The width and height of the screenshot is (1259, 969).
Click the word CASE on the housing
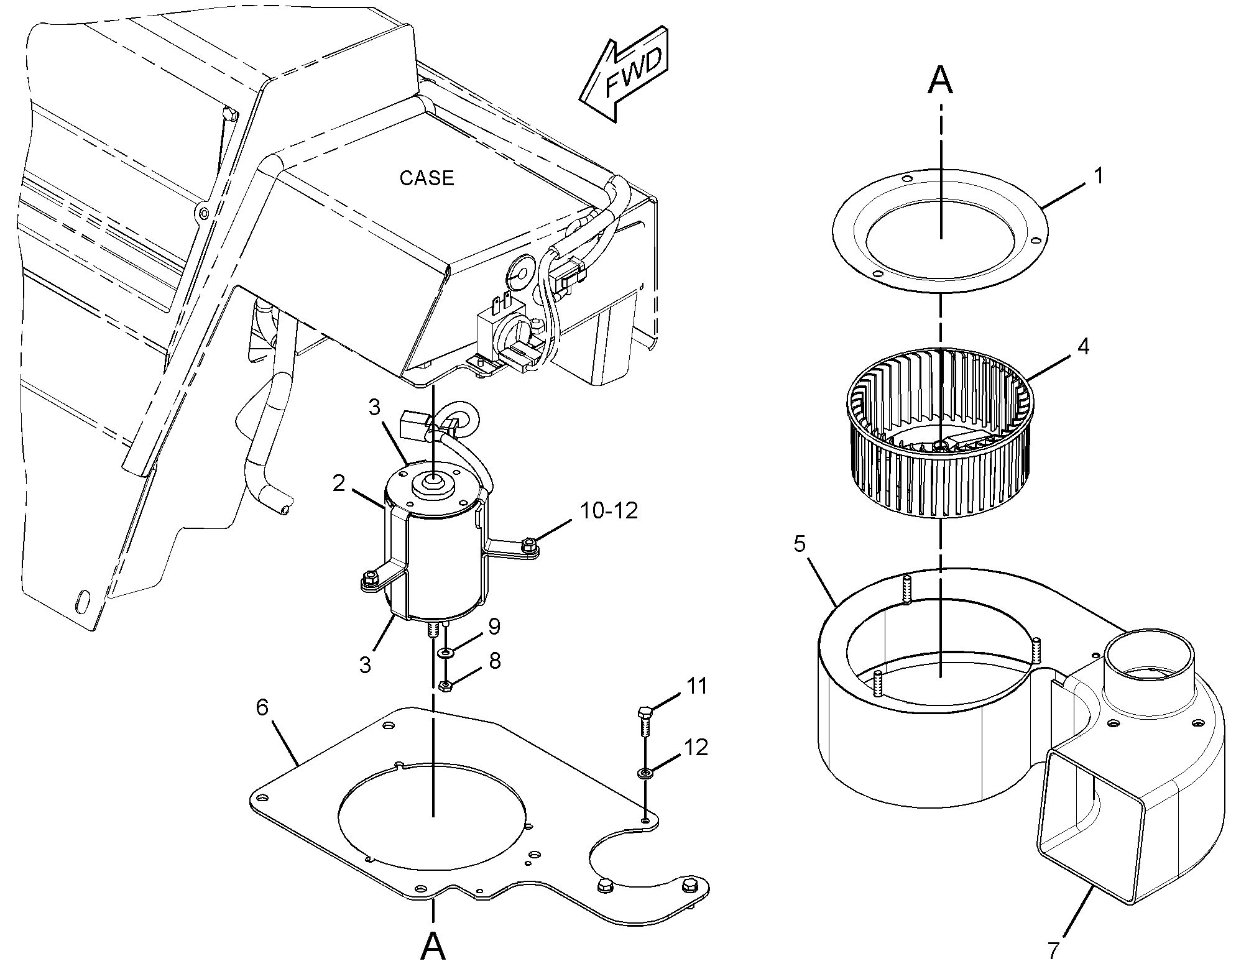click(427, 178)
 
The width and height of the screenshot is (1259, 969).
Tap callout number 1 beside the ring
click(1099, 177)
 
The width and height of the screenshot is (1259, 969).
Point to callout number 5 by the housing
click(800, 544)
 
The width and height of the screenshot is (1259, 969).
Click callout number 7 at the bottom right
click(1053, 950)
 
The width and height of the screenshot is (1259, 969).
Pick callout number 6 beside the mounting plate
click(262, 707)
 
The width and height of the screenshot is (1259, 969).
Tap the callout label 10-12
click(609, 511)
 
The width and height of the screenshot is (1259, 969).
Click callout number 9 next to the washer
click(494, 627)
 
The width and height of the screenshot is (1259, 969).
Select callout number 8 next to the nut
click(494, 661)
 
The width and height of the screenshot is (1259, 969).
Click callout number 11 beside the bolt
click(696, 686)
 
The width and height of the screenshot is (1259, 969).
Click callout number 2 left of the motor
click(339, 483)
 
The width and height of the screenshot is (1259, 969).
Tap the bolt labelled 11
click(645, 720)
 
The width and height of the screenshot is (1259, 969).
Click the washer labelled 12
click(645, 774)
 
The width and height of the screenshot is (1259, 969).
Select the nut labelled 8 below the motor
click(445, 686)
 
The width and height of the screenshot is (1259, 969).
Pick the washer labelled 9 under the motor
click(445, 653)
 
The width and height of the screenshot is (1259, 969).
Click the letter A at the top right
click(940, 80)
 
